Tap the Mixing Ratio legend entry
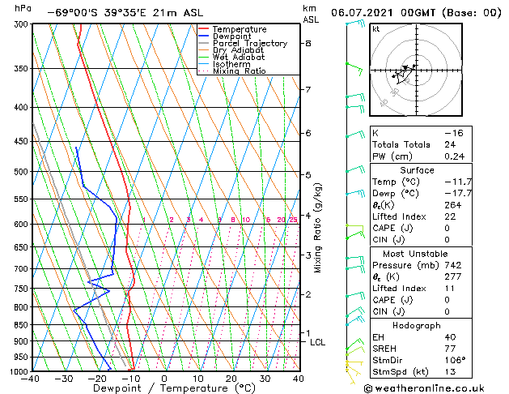tap(241, 71)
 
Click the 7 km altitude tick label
tap(308, 89)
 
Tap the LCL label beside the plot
tap(318, 342)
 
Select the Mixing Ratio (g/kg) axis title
tap(318, 227)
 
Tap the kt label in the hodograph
tap(375, 28)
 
